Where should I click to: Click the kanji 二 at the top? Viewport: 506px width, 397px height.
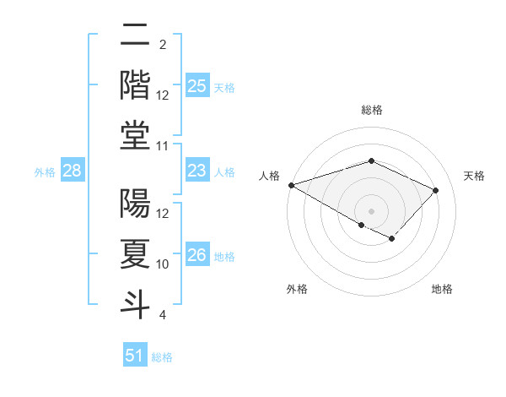pyautogui.click(x=136, y=35)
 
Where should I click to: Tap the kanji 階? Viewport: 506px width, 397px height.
pyautogui.click(x=136, y=84)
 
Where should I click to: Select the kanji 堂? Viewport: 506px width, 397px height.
pyautogui.click(x=136, y=135)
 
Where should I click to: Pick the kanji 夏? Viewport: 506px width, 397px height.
pyautogui.click(x=136, y=253)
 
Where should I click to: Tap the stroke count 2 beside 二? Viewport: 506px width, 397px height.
pyautogui.click(x=163, y=44)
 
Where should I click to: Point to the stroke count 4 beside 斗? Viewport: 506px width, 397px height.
pyautogui.click(x=163, y=314)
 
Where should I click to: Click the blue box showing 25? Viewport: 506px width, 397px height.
pyautogui.click(x=197, y=86)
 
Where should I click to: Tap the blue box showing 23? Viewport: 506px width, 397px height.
pyautogui.click(x=197, y=171)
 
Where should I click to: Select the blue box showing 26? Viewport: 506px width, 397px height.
pyautogui.click(x=197, y=255)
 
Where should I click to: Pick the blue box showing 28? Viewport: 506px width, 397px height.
pyautogui.click(x=73, y=171)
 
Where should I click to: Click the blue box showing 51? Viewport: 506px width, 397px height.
pyautogui.click(x=135, y=356)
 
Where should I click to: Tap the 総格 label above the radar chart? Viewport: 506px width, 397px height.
pyautogui.click(x=372, y=110)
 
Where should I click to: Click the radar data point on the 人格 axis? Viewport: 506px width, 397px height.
pyautogui.click(x=291, y=185)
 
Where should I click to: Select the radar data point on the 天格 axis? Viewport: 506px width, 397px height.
pyautogui.click(x=436, y=190)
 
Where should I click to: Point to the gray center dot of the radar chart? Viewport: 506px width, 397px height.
pyautogui.click(x=372, y=210)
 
